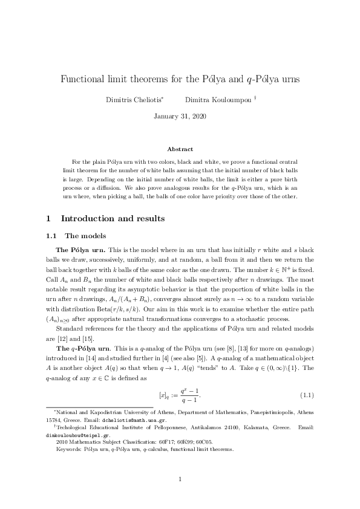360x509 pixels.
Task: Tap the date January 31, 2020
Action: [x=180, y=115]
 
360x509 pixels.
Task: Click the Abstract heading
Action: [x=180, y=149]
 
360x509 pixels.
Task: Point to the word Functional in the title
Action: [x=83, y=79]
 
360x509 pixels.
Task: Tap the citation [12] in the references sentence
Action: [x=64, y=339]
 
